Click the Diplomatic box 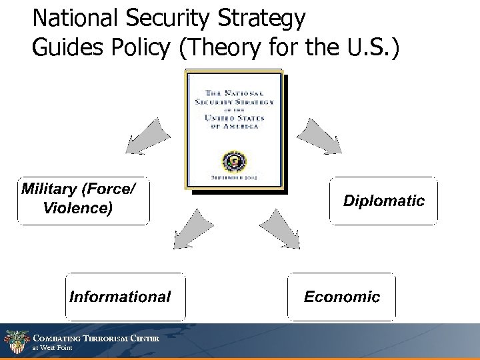click(x=383, y=200)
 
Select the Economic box click(x=341, y=297)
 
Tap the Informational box click(x=120, y=297)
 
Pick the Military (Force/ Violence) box click(x=83, y=199)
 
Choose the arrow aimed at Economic click(x=279, y=229)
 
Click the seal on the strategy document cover click(x=235, y=161)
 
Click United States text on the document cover click(x=234, y=119)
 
